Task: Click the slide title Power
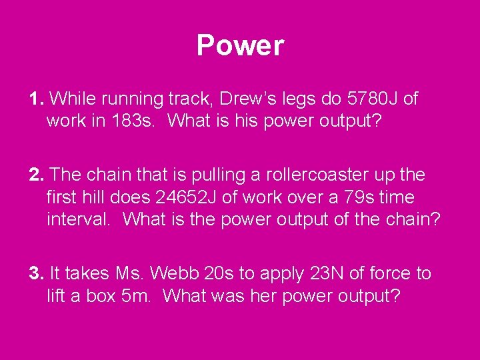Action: [240, 46]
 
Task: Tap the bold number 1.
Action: [36, 99]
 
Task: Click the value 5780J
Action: [373, 99]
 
